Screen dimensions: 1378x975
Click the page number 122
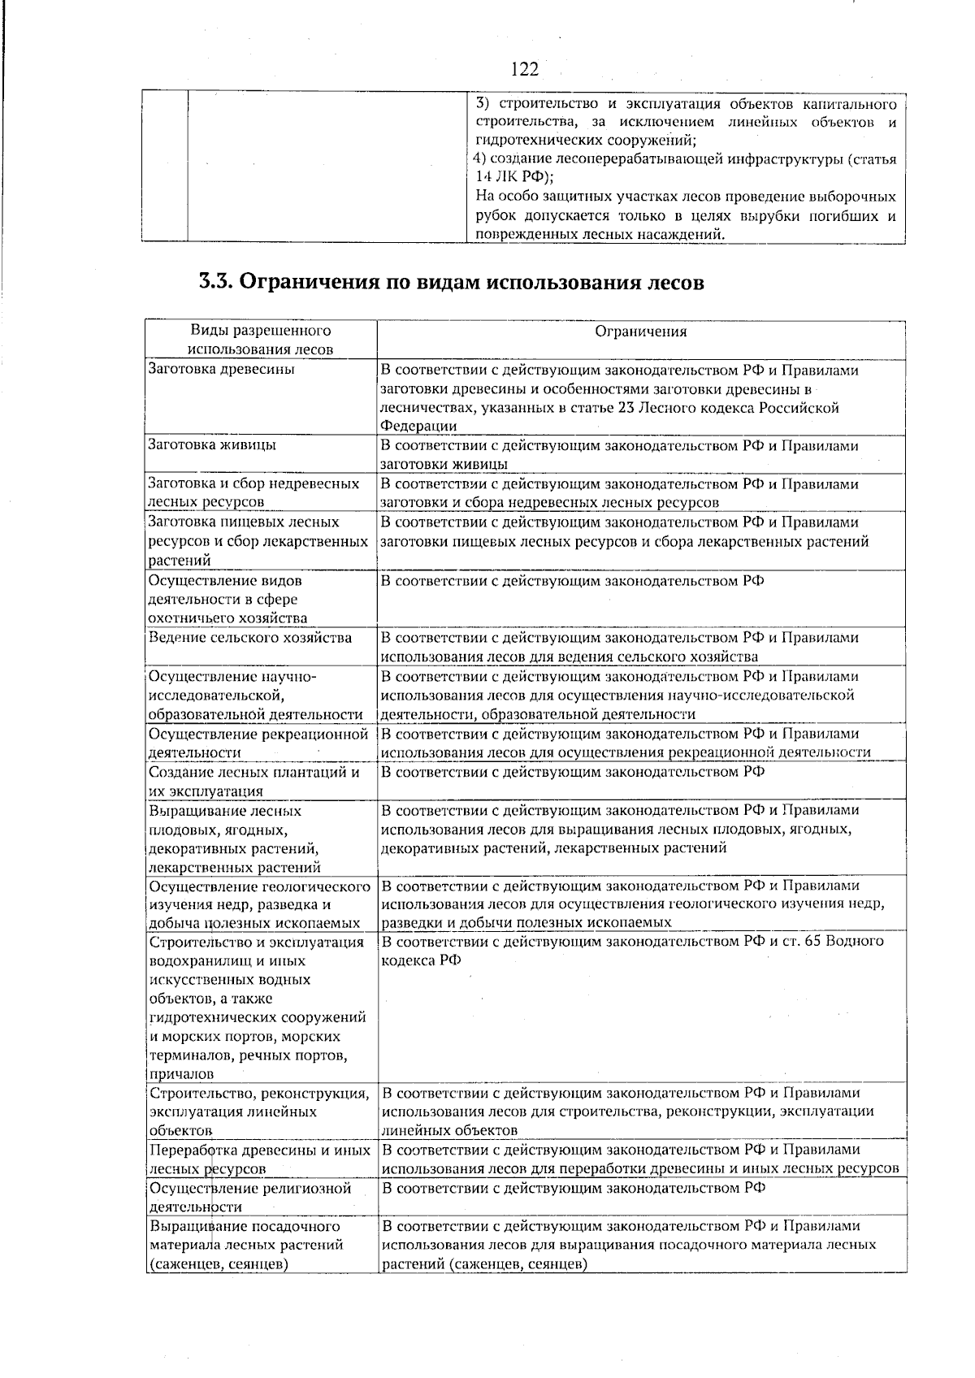coord(525,69)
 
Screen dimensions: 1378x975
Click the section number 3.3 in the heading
coord(215,282)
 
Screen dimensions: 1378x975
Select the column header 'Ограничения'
coord(641,331)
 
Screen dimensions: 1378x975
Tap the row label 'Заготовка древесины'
coord(222,370)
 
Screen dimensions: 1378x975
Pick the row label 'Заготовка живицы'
coord(212,445)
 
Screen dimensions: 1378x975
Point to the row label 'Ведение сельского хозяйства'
coord(250,638)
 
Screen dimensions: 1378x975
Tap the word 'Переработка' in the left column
coord(193,1150)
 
